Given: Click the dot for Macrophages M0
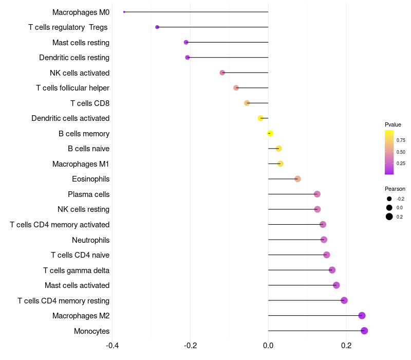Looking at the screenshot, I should click(x=124, y=12).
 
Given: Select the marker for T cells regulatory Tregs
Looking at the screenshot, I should click(x=157, y=27).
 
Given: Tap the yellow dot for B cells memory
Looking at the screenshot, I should click(x=270, y=133).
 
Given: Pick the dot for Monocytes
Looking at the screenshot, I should click(x=364, y=331).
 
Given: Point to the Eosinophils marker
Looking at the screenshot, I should click(x=297, y=179).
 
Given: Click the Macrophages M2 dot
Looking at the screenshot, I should click(x=362, y=316).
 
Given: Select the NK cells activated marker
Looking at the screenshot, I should click(x=222, y=73).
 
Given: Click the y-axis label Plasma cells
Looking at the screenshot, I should click(x=88, y=194).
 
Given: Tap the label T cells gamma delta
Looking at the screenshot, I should click(x=76, y=270).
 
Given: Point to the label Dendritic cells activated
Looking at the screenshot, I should click(x=70, y=118).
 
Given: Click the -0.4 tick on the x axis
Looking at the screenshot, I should click(x=112, y=345).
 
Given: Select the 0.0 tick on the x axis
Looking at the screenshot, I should click(x=268, y=345).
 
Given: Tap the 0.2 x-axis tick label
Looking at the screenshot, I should click(x=346, y=345).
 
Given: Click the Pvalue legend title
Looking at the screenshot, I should click(x=393, y=124).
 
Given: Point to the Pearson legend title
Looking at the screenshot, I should click(x=395, y=189).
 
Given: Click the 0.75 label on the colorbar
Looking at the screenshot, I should click(x=401, y=140).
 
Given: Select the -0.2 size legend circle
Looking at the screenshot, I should click(x=389, y=199).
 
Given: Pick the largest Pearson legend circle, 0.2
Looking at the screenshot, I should click(x=389, y=217).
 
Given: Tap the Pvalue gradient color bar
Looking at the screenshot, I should click(x=389, y=152).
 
